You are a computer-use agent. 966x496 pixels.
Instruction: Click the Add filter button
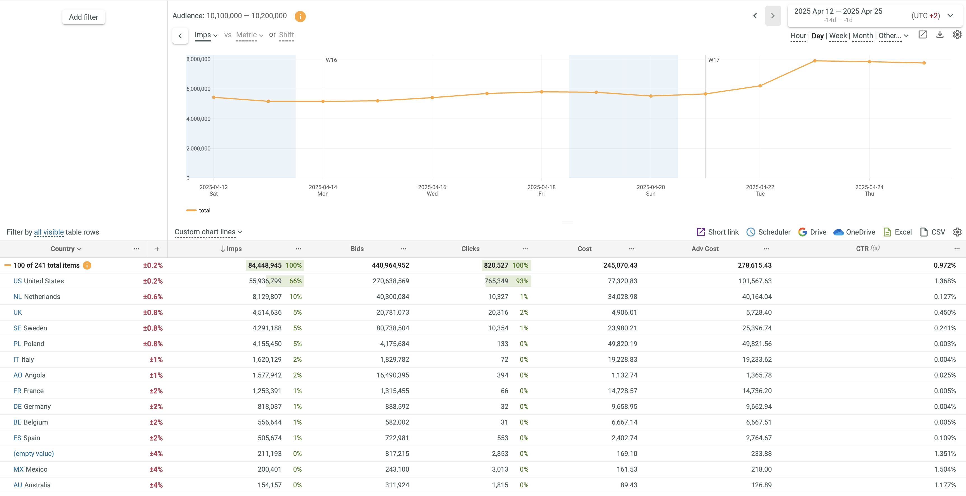point(83,17)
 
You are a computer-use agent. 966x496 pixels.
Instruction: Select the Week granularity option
point(838,36)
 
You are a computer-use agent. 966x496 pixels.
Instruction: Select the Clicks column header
point(470,249)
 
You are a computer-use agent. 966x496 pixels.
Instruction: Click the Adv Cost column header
point(705,249)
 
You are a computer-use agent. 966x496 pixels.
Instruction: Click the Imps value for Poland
point(267,344)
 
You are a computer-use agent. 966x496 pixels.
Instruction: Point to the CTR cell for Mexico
point(945,469)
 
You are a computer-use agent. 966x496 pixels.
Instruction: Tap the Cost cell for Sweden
point(622,328)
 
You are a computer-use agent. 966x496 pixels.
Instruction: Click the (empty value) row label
point(34,454)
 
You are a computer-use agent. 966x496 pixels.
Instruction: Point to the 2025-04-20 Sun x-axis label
point(651,190)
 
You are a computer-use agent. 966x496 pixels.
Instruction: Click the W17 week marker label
point(714,60)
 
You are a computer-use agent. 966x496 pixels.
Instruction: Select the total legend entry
point(204,210)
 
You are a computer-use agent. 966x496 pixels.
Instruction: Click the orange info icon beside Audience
point(300,16)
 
